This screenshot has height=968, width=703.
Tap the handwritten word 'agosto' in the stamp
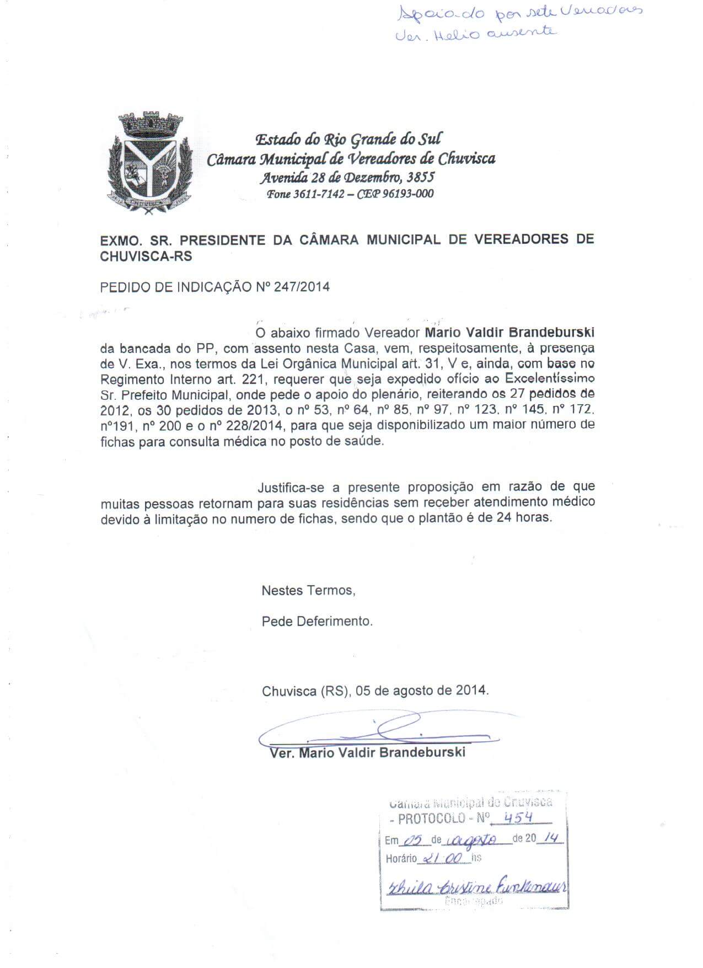coord(474,839)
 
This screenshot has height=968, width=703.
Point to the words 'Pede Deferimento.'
coord(317,621)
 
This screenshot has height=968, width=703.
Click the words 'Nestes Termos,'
coord(308,590)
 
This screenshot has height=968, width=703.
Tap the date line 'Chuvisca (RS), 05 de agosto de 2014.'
coord(375,690)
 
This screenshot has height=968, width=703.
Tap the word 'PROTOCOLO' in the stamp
coord(431,819)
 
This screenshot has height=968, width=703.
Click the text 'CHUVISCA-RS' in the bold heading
coord(146,256)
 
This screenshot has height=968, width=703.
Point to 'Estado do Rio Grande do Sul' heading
coord(348,139)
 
